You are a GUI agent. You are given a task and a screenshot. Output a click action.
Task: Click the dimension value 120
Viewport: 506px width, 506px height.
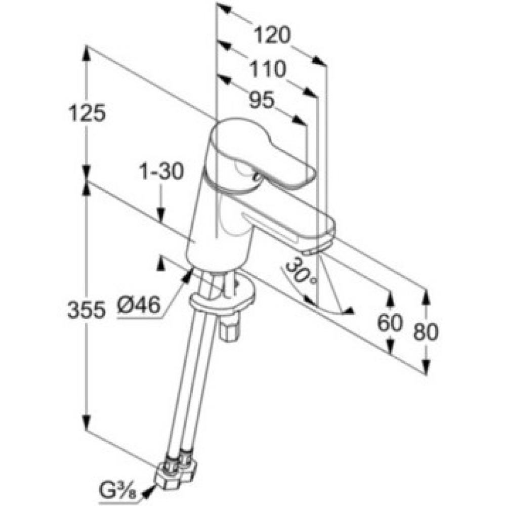point(272,36)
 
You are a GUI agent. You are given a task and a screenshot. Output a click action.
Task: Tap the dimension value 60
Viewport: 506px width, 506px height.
point(390,323)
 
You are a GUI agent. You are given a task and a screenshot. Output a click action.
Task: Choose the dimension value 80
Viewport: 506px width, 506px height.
point(426,331)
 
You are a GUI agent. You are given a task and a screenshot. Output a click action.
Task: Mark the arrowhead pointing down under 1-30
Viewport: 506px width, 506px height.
point(161,216)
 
